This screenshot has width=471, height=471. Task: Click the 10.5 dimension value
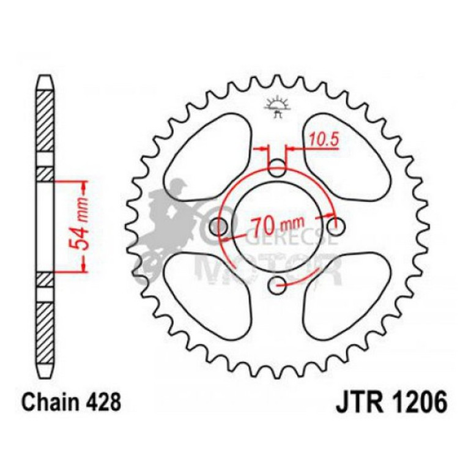(324, 139)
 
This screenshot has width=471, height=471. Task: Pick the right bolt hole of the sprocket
(334, 226)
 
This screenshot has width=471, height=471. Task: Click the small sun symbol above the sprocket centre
(278, 106)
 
